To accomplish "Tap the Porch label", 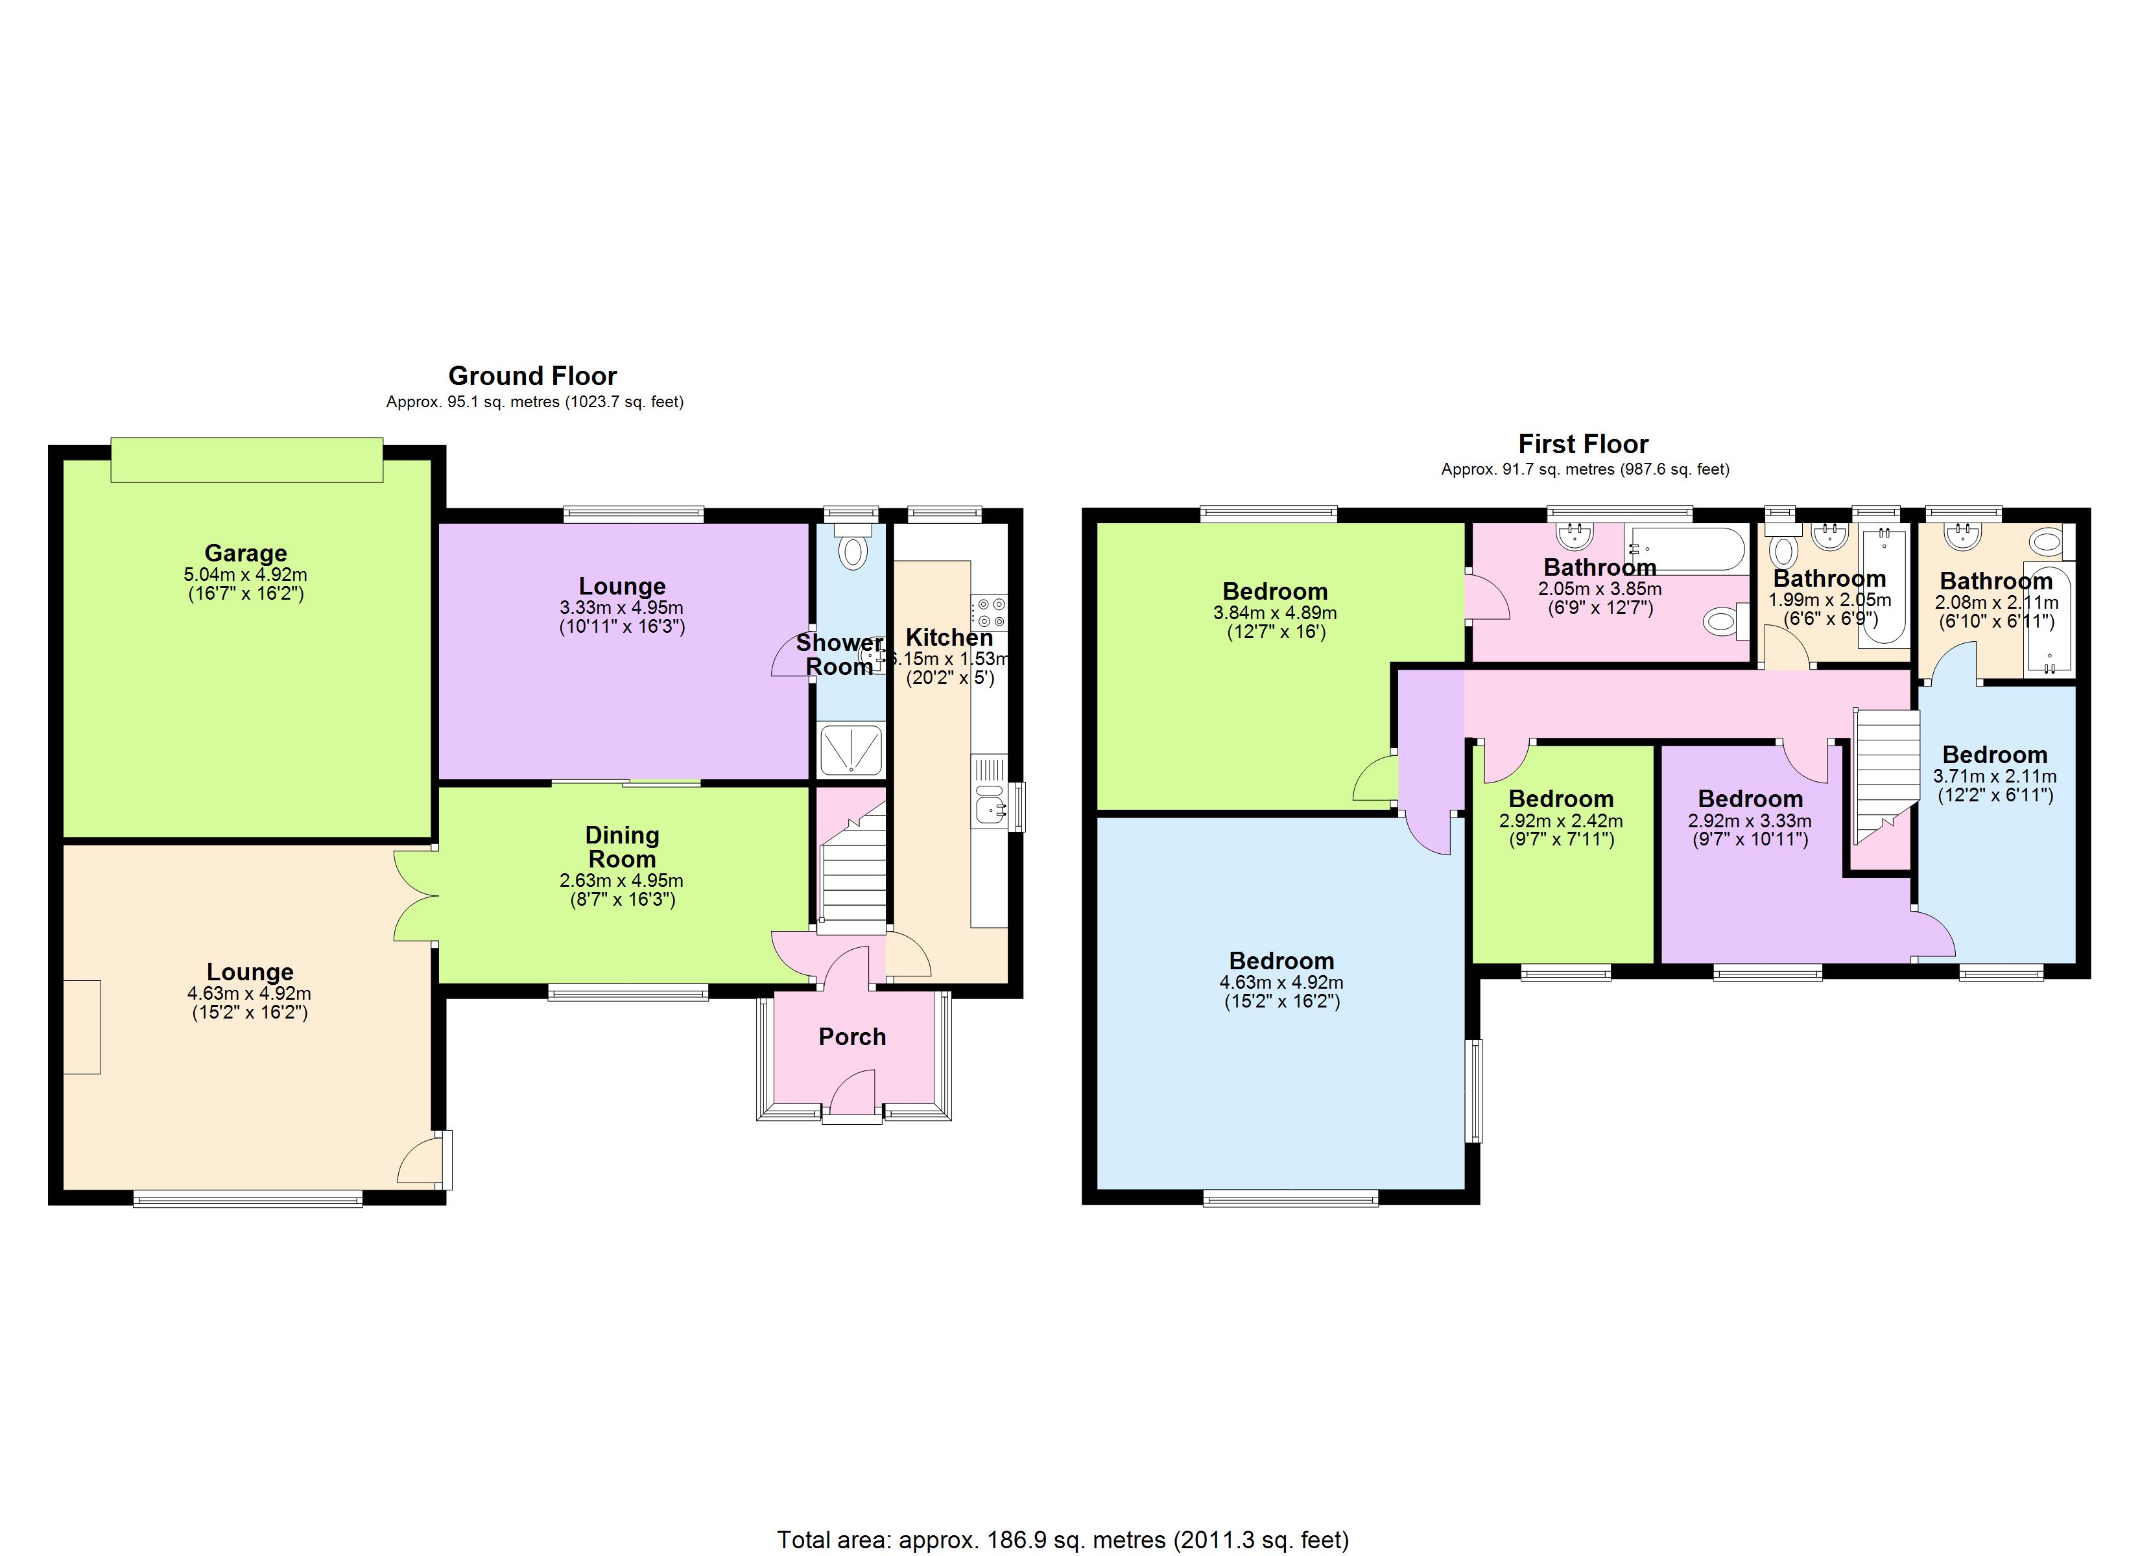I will tap(852, 1037).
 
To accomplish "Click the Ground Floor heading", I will tap(532, 375).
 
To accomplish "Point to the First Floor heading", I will tap(1584, 443).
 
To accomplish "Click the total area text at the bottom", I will tap(1062, 1540).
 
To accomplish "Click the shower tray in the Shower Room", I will tap(850, 750).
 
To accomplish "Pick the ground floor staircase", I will tap(853, 878).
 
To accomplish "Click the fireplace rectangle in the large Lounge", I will tap(82, 1027).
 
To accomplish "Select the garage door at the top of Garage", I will tap(246, 460).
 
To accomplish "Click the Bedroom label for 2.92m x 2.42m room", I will tap(1561, 798).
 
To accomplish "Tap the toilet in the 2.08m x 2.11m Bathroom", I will tap(2045, 541).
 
